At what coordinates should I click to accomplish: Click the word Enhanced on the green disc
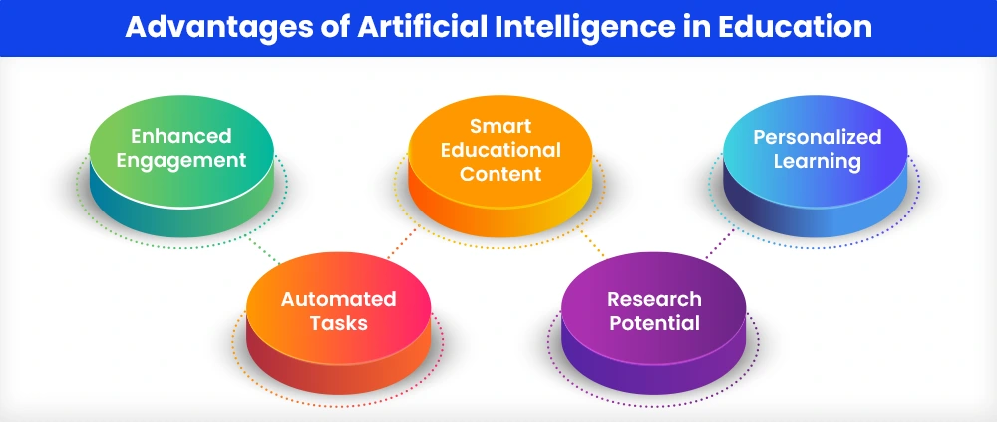tap(181, 136)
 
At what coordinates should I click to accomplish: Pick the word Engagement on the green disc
tap(181, 161)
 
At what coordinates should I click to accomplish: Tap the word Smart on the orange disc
tap(500, 126)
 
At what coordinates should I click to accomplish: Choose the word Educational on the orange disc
tap(500, 150)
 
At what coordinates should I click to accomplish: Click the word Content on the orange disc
tap(500, 174)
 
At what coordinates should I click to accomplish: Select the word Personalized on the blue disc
tap(818, 137)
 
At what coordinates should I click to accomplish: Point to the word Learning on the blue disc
tap(818, 161)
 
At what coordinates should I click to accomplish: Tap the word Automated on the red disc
tap(338, 299)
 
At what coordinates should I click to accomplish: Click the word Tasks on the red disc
tap(338, 323)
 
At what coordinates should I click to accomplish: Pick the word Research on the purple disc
tap(654, 299)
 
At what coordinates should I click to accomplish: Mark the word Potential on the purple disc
tap(654, 323)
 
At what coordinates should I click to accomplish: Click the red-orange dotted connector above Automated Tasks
tap(402, 243)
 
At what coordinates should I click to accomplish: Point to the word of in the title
tap(332, 27)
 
